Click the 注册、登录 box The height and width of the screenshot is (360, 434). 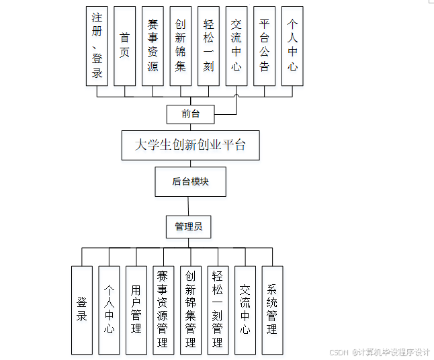click(97, 46)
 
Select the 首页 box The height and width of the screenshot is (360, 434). click(124, 46)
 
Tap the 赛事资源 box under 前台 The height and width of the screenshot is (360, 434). click(153, 46)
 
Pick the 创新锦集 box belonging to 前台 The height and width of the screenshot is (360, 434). click(180, 46)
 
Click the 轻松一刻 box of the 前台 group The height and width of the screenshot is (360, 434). click(208, 46)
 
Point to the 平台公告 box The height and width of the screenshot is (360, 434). click(264, 46)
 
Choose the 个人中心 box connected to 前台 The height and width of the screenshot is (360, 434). click(292, 46)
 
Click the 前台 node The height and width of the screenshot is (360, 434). click(191, 114)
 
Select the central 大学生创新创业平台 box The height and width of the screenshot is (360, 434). click(190, 145)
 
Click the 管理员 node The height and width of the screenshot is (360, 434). click(189, 227)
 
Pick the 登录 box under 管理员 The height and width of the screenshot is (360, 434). click(81, 310)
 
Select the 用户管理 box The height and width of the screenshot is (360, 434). click(136, 310)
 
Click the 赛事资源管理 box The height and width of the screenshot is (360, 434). click(163, 310)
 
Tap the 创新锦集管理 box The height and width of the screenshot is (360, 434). click(190, 310)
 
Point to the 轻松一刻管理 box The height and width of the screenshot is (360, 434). click(217, 310)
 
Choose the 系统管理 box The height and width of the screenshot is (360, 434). click(272, 310)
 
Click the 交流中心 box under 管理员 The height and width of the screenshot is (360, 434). click(245, 310)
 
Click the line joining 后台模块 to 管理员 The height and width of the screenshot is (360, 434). click(189, 206)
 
